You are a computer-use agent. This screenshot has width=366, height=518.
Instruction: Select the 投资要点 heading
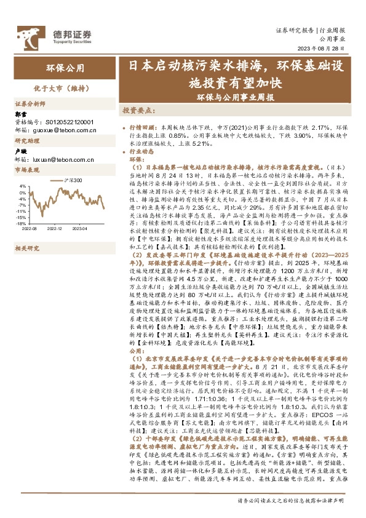137,110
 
